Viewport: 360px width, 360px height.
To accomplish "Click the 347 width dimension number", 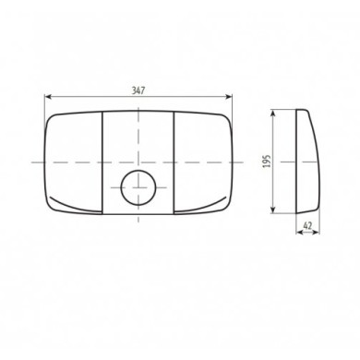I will (138, 90).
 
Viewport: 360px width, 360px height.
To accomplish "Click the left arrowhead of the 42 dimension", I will (296, 231).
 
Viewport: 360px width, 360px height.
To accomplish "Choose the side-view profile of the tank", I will (305, 162).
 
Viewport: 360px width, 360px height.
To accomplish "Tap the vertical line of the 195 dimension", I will (276, 138).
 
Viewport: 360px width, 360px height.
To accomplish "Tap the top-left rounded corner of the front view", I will (48, 117).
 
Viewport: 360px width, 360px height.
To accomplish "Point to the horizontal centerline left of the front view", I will (28, 162).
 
